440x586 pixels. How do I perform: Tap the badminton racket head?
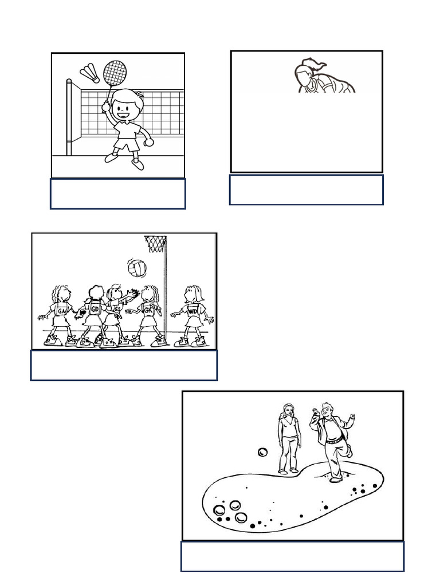click(114, 73)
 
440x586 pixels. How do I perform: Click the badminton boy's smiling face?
click(123, 108)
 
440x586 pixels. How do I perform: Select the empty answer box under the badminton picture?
click(117, 194)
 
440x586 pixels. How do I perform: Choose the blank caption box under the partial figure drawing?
click(306, 190)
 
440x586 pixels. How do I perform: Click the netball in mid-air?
click(136, 267)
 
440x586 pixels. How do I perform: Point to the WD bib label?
click(200, 311)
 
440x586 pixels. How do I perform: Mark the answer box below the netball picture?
click(124, 365)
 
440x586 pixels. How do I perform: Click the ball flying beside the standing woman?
click(263, 453)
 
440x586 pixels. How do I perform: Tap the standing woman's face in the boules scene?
click(288, 411)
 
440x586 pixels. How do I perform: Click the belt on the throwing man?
click(333, 440)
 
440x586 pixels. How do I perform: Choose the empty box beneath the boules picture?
click(292, 556)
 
